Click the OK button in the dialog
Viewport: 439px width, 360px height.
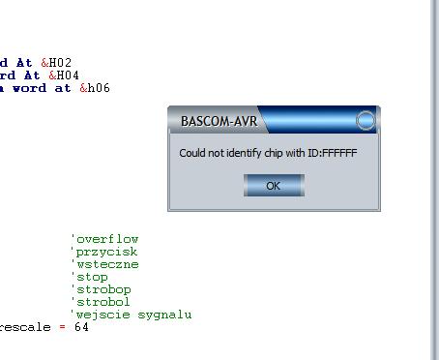[274, 186]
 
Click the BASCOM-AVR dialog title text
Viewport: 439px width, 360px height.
[219, 121]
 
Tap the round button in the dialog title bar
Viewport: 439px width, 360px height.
[366, 120]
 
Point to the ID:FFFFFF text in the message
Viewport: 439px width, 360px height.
[333, 153]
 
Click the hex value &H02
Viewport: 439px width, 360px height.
[56, 63]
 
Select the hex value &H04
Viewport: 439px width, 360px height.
[64, 75]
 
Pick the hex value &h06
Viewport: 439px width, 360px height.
[95, 88]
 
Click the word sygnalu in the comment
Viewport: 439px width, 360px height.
[164, 315]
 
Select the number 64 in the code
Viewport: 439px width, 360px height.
[81, 327]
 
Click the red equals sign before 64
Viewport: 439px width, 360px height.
[62, 327]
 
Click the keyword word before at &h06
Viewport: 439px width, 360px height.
[30, 88]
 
